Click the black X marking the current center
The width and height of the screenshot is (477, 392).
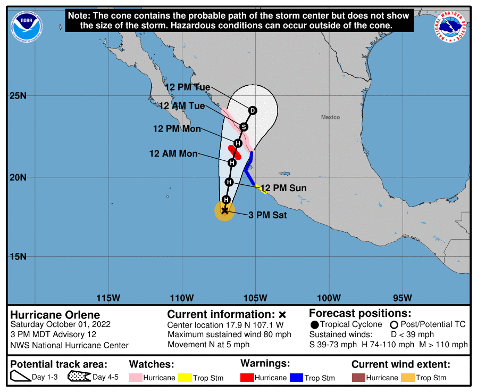pos(224,211)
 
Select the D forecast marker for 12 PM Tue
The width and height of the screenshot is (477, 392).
pos(253,110)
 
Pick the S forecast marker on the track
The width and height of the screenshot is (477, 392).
pos(244,127)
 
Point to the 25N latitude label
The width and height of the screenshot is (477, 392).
pos(19,96)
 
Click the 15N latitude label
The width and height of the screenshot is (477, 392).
pos(19,256)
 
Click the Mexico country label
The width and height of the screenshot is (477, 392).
pos(330,117)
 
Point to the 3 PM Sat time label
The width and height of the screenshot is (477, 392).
pos(268,215)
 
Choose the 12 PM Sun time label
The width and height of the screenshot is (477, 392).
pos(283,188)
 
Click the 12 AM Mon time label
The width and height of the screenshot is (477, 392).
pos(173,153)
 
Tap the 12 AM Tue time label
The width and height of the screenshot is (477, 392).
pos(182,105)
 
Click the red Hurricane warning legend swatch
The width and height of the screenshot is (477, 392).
pos(247,378)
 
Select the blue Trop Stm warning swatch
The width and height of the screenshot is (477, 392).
pos(296,378)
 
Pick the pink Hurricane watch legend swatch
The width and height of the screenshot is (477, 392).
pos(136,378)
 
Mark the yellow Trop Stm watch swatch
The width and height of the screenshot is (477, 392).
pos(185,378)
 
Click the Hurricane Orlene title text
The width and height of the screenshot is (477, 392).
pos(55,315)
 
